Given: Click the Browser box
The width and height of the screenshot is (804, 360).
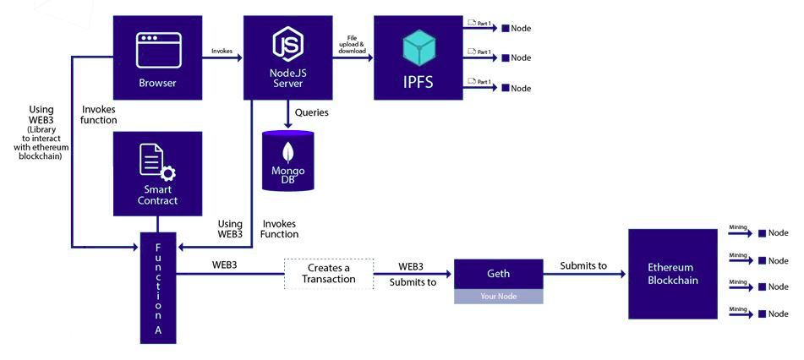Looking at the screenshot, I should point(157,57).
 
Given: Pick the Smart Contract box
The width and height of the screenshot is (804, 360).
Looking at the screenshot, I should point(157,174).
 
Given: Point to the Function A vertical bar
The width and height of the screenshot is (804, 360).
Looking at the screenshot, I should point(158,287).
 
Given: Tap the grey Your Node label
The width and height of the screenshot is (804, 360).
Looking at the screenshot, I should point(498,297).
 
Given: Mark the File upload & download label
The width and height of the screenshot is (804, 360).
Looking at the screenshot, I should point(352,46).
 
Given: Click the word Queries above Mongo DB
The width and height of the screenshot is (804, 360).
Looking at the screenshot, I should point(312,112).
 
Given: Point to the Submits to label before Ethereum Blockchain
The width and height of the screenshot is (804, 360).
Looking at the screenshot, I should point(583,266).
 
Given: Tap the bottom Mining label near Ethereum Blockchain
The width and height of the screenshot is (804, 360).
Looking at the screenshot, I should point(738,308).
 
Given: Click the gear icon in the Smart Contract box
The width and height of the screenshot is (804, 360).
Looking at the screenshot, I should point(167,173).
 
